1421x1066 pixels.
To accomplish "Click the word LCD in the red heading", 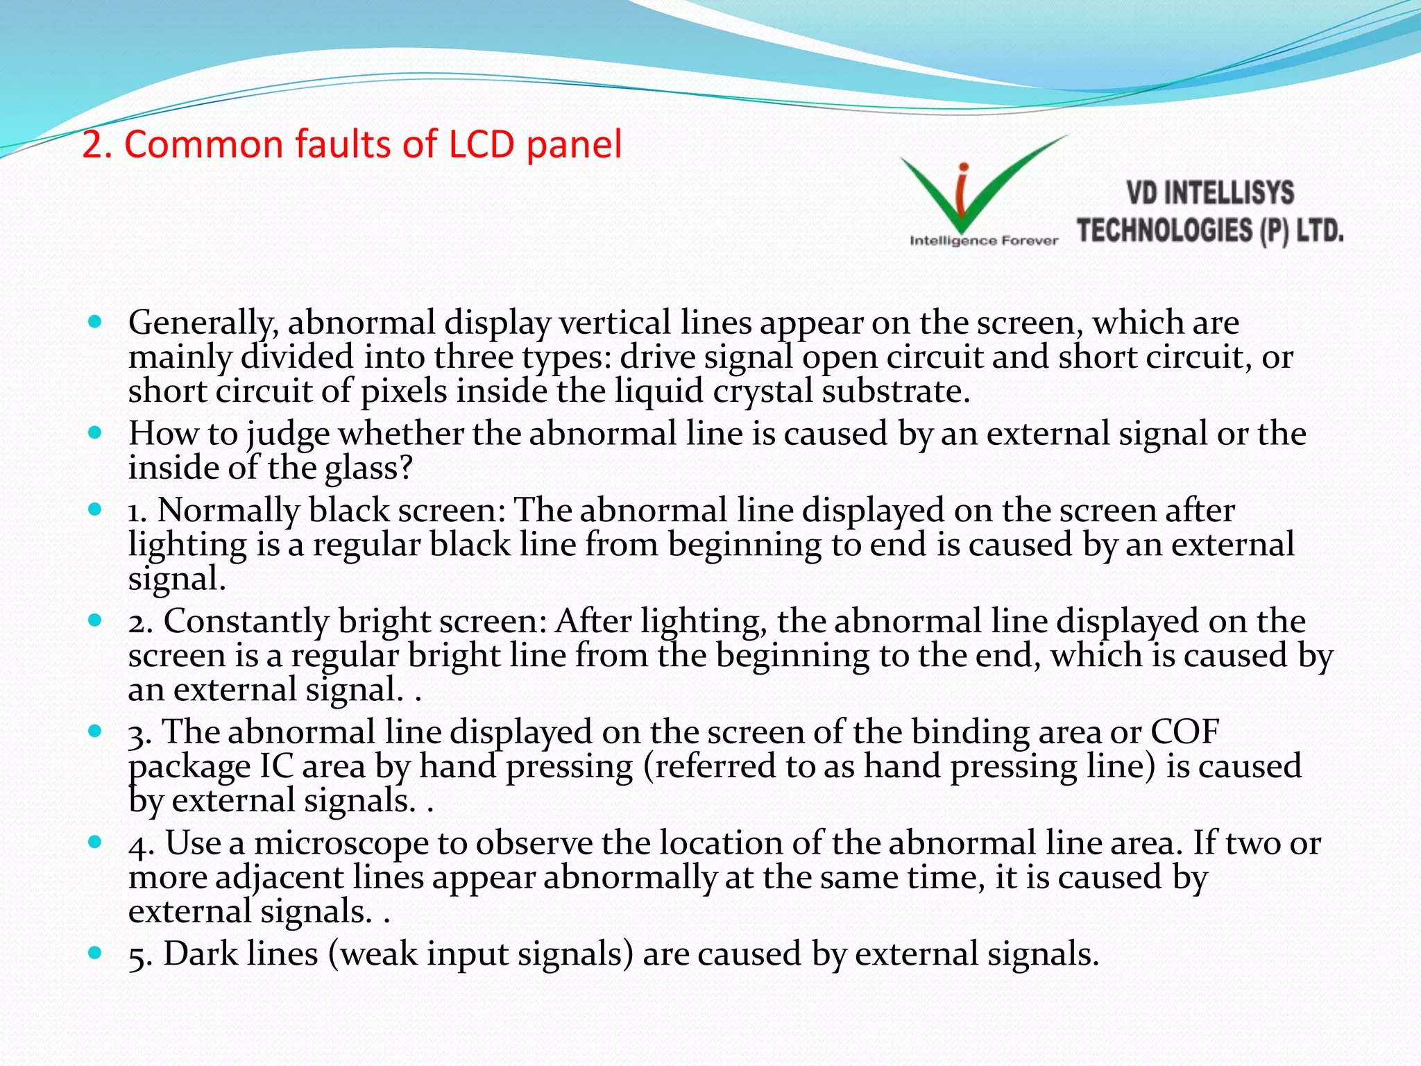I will pos(482,144).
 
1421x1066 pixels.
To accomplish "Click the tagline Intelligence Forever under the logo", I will pos(984,241).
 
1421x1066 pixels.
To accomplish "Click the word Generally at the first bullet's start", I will pos(203,323).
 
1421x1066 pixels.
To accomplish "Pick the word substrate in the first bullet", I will pos(896,391).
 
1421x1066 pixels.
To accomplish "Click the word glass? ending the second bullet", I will pos(369,467).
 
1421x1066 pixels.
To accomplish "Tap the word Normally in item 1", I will pos(228,510).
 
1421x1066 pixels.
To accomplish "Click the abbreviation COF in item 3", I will pos(1184,731).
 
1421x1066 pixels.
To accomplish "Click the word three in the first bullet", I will pos(474,357).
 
